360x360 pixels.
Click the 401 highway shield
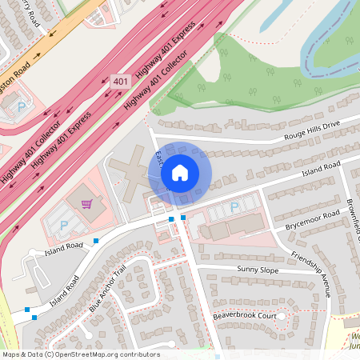coord(120,82)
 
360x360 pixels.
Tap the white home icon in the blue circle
coord(180,173)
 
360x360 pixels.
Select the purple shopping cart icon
coord(86,204)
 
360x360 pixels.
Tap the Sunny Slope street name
coord(258,270)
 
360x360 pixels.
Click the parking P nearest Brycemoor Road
coord(234,208)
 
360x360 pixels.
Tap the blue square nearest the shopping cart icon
coord(96,240)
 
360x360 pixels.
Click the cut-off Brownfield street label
coord(354,216)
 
